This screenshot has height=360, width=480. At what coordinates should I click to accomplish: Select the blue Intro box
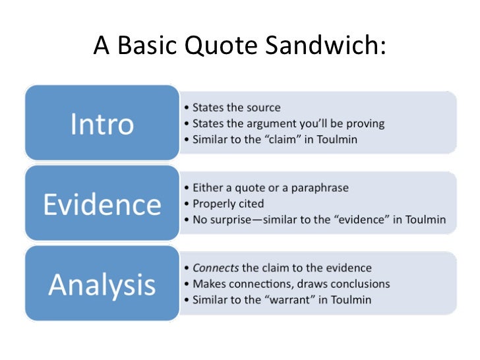pos(102,123)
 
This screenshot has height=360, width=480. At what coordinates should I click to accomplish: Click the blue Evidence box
pos(102,204)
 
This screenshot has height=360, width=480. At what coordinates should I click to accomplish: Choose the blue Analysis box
pos(102,284)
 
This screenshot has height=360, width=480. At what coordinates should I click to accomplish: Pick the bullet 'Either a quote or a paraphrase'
pos(270,188)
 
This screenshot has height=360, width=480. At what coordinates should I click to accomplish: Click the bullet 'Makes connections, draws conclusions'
pos(290,284)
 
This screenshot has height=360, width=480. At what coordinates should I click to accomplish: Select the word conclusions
pos(360,284)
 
